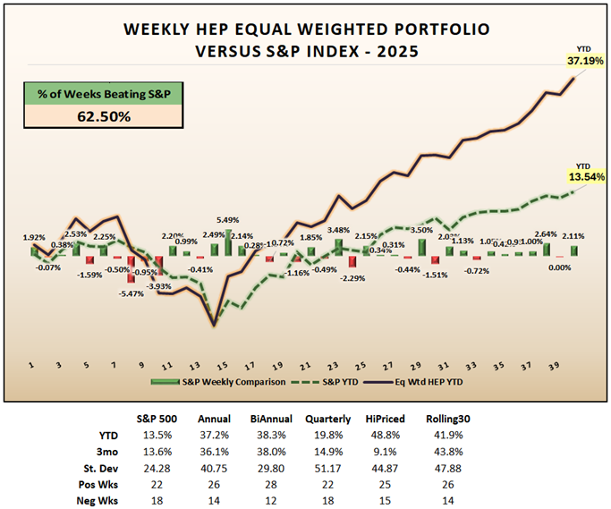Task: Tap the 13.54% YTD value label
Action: click(x=585, y=177)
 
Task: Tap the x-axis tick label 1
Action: click(x=30, y=366)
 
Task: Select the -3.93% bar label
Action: click(x=157, y=286)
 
